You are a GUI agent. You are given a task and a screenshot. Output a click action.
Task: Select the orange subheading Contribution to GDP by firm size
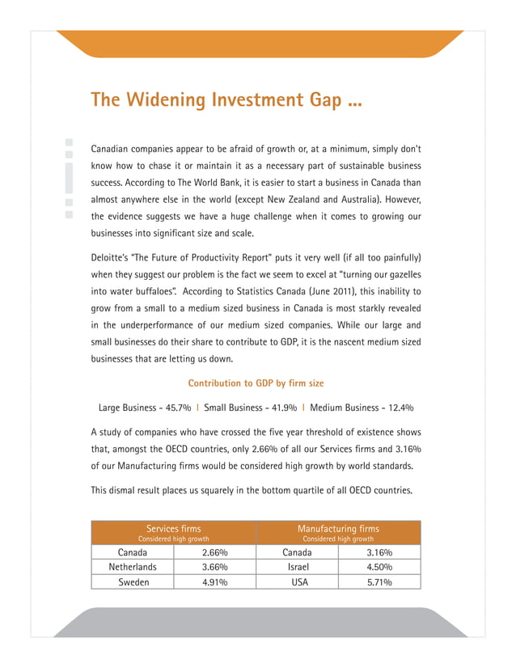[256, 383]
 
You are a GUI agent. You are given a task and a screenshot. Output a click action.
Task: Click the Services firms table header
[173, 529]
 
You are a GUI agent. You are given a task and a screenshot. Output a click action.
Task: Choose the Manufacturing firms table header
[338, 529]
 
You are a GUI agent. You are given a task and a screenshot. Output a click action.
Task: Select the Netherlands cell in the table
[133, 567]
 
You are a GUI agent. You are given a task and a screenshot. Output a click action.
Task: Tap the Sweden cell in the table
[133, 582]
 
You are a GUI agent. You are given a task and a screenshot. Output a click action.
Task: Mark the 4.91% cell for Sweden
[215, 582]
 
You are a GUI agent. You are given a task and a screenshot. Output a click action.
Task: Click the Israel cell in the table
[297, 567]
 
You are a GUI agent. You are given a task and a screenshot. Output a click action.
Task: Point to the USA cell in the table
[297, 582]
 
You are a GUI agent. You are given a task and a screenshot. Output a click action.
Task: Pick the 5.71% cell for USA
[379, 582]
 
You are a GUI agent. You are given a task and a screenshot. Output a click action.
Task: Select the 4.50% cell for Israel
[379, 567]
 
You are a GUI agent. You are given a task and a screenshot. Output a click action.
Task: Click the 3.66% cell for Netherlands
[215, 567]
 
